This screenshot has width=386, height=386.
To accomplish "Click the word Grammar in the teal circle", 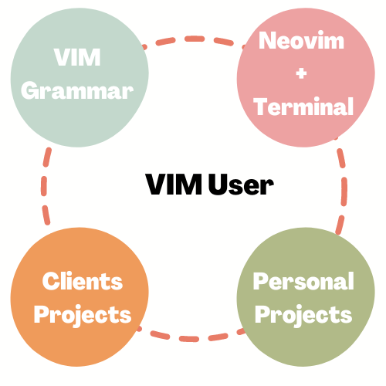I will [x=77, y=90].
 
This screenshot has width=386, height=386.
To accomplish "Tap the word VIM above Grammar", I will [x=77, y=58].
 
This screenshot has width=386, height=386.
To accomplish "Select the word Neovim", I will [x=301, y=41].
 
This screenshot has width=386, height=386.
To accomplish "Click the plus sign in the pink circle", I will [x=302, y=73].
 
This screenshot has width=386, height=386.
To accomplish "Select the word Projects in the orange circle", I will [x=83, y=314].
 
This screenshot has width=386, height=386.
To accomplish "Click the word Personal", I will [x=303, y=281].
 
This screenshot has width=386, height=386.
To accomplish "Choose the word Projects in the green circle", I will [x=303, y=314].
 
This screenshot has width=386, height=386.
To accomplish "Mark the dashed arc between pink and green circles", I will [x=343, y=185].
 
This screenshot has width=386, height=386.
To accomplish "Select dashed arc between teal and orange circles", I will [x=44, y=185].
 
